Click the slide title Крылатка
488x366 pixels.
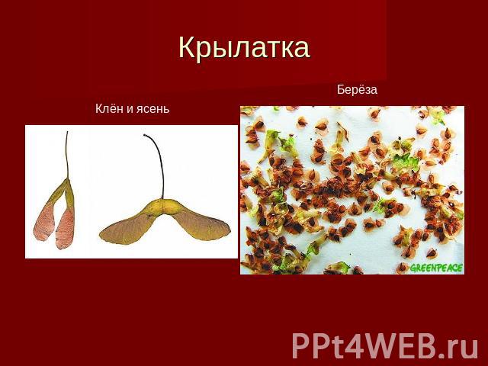pyautogui.click(x=244, y=48)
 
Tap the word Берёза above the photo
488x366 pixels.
pyautogui.click(x=357, y=90)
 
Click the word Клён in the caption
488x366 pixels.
pyautogui.click(x=108, y=108)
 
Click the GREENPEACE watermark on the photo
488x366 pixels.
pyautogui.click(x=436, y=268)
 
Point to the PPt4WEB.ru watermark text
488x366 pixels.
pyautogui.click(x=385, y=345)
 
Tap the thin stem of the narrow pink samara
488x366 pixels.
pyautogui.click(x=66, y=155)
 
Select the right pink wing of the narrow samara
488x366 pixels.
pyautogui.click(x=65, y=228)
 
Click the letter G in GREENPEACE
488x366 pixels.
pyautogui.click(x=413, y=268)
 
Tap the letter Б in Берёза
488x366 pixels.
pyautogui.click(x=341, y=90)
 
